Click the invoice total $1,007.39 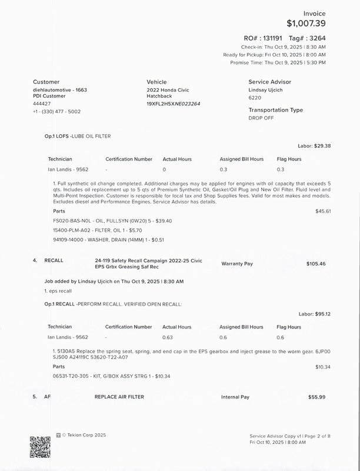[306, 24]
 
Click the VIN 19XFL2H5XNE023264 [174, 104]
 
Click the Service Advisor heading [269, 82]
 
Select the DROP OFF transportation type [262, 118]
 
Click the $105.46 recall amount [316, 264]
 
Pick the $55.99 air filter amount [316, 397]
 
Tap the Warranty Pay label [237, 264]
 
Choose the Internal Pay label [235, 397]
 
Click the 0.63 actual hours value [169, 337]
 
